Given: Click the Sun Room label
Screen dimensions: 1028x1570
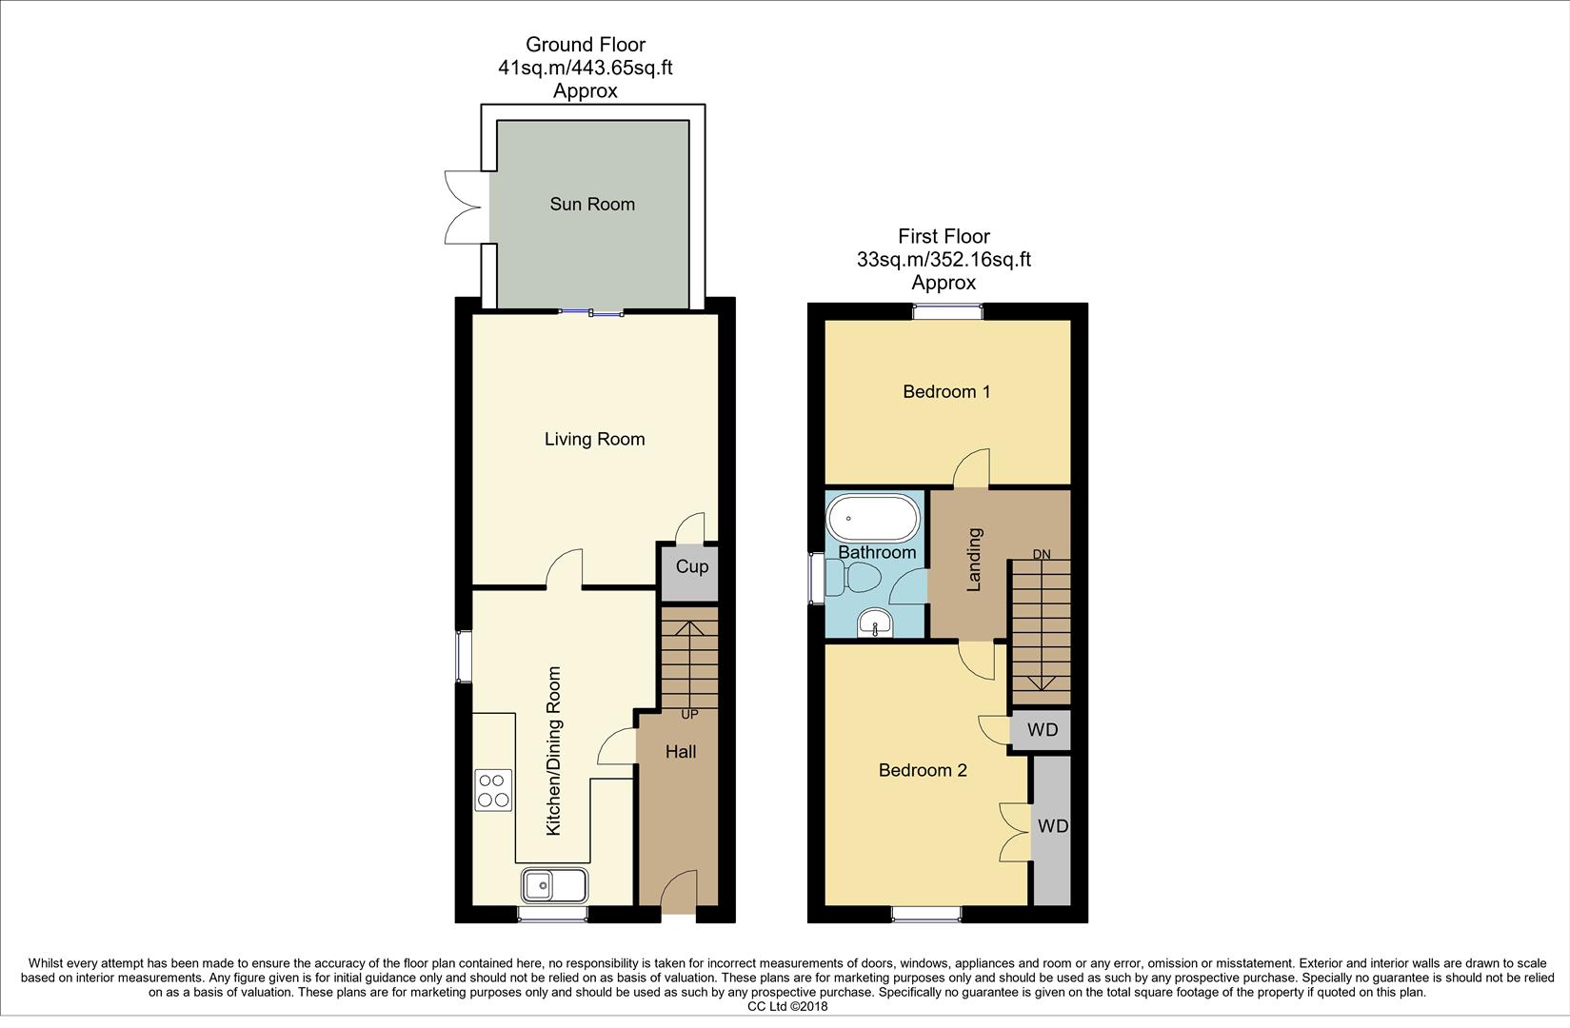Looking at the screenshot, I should pos(591,204).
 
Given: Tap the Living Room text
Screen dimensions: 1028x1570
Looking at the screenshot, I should pos(594,439).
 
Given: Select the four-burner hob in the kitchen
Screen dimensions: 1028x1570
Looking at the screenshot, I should pos(493,790).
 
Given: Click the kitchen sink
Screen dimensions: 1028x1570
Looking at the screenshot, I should pos(554,885).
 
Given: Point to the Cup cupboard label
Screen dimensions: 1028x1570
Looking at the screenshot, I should pos(692,566).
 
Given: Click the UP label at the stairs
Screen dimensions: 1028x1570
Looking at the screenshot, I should pos(689,714).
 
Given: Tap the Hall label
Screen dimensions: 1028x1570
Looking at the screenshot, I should pos(680,752).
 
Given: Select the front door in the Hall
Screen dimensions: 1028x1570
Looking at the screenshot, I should pos(678,895).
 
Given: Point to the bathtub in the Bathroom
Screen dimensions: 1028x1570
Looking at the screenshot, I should pos(873,519).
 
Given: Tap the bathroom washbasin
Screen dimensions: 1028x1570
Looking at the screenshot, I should pos(873,623).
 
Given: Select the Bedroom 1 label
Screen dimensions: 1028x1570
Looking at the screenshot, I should pos(946,391).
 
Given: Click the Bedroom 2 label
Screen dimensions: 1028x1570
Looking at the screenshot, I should pos(922,770).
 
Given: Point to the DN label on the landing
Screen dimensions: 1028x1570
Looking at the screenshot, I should pos(1042,554).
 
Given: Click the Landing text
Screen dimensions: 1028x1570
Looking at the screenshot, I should pos(974,560).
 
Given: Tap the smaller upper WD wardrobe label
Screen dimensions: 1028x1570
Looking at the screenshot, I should pos(1043,730).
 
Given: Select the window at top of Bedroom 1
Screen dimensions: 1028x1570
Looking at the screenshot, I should pos(947,310).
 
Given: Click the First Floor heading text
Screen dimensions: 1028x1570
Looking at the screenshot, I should pos(944,236).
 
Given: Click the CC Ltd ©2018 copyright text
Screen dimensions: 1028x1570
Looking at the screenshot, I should pos(787,1006).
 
